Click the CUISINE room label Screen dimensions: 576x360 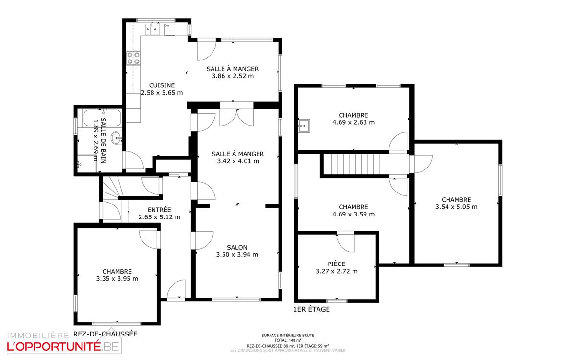click(x=162, y=85)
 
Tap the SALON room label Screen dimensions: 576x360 click(x=237, y=247)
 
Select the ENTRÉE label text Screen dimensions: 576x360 click(x=159, y=210)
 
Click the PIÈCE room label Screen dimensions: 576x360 click(x=336, y=264)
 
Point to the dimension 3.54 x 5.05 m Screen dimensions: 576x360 click(x=456, y=206)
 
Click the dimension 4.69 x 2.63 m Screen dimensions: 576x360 click(x=353, y=122)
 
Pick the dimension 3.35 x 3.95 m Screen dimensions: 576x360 click(x=117, y=279)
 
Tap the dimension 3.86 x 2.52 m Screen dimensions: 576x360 click(x=233, y=76)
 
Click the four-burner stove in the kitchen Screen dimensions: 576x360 click(x=133, y=58)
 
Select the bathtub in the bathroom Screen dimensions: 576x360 click(x=102, y=118)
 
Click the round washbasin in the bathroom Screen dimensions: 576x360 click(x=117, y=138)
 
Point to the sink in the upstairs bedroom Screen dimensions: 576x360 click(x=304, y=126)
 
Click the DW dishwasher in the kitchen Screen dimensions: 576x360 click(x=170, y=30)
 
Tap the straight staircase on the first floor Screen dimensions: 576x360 click(x=364, y=164)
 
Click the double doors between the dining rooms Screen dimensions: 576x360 click(x=236, y=117)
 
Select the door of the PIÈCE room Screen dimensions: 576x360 click(x=346, y=243)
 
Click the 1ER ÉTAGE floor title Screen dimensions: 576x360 click(x=311, y=309)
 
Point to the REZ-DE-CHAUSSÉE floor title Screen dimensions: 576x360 click(x=106, y=334)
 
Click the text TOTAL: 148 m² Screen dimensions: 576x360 click(x=288, y=340)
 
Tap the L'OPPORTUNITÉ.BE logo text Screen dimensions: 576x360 click(x=63, y=347)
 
